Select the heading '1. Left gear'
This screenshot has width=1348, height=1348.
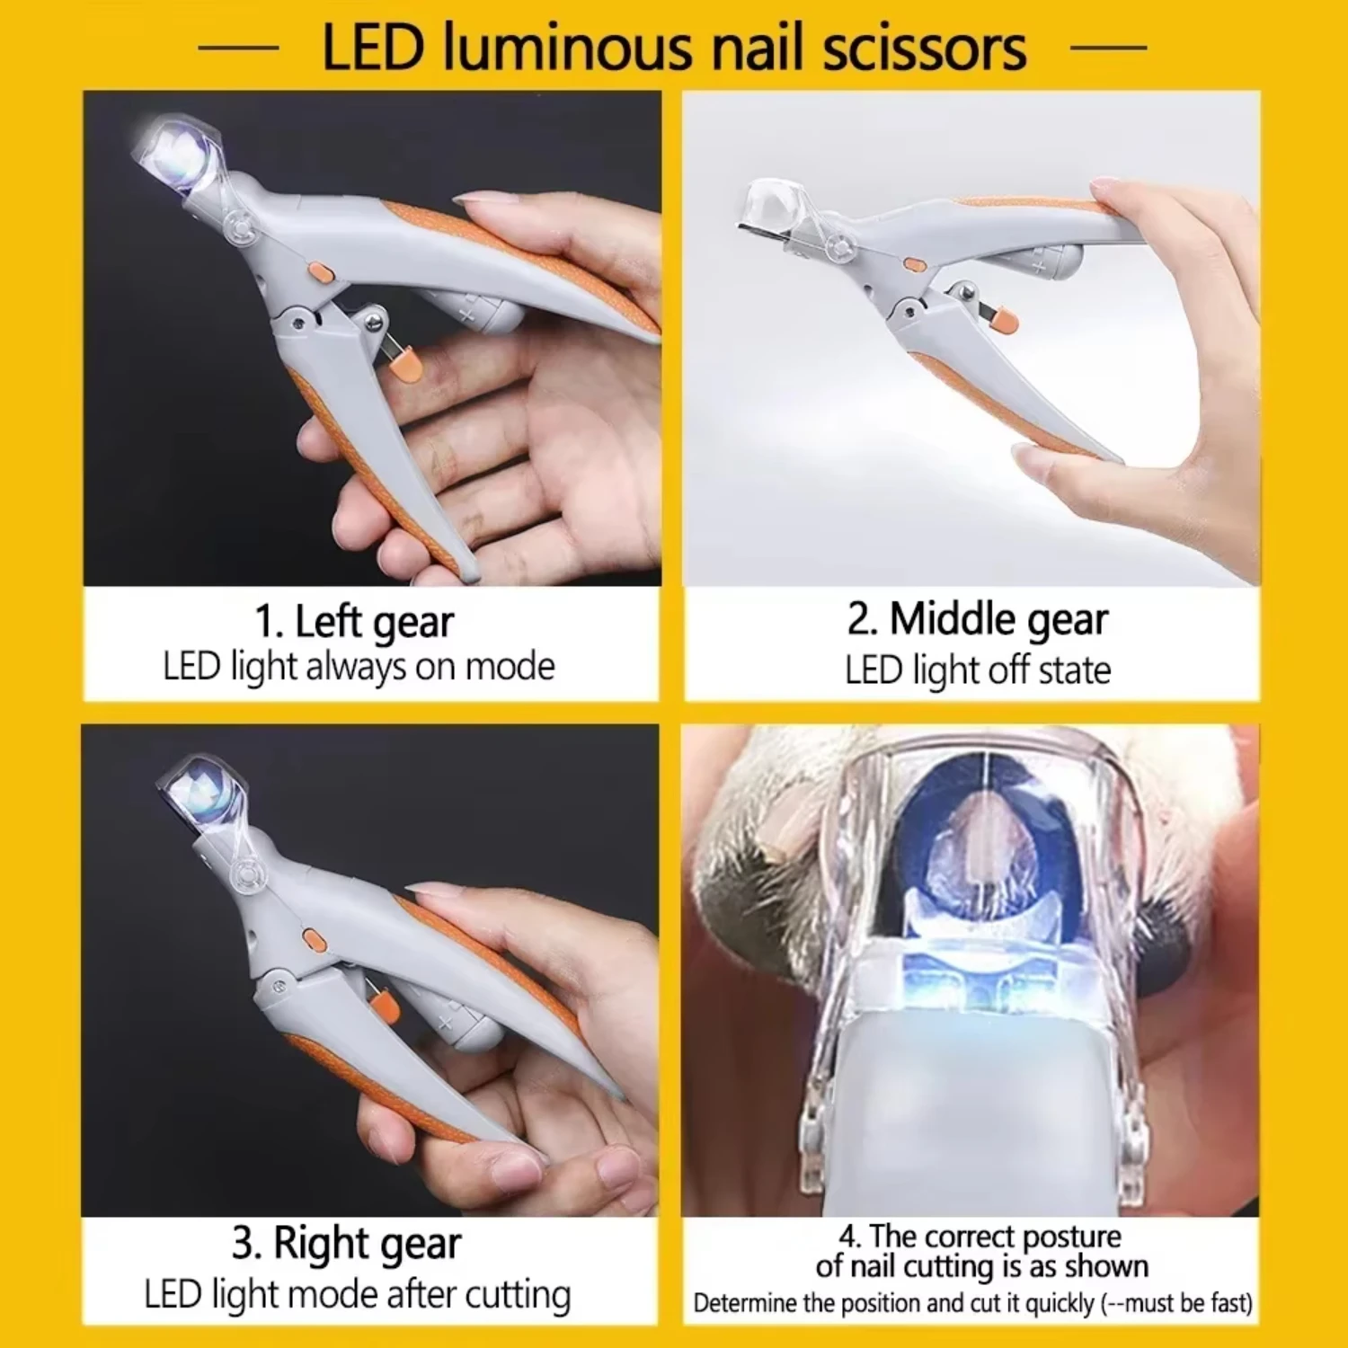coord(354,622)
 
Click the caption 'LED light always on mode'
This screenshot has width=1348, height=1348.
coord(359,667)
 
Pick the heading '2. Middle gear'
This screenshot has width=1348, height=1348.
coord(977,619)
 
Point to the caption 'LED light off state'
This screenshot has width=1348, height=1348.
coord(977,670)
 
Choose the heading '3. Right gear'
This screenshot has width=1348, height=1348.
coord(346,1245)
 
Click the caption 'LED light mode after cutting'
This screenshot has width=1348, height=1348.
coord(357,1295)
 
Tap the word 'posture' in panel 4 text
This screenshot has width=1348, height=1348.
coord(1071,1237)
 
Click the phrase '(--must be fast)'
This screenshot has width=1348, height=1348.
coord(1176,1303)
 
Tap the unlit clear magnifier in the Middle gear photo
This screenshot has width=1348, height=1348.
coord(775,202)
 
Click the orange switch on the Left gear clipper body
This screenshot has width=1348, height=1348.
coord(316,270)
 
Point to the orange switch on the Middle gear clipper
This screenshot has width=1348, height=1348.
coord(913,264)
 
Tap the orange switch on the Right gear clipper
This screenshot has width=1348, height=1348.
coord(313,940)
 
